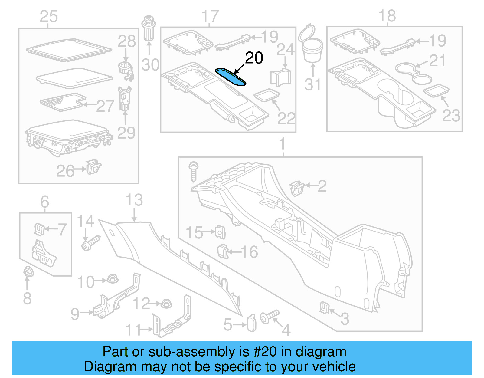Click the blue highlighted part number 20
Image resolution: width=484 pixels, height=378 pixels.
231,77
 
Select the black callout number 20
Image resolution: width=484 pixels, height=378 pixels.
254,58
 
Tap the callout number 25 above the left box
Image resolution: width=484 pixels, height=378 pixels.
49,16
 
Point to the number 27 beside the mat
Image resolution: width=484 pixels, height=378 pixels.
105,106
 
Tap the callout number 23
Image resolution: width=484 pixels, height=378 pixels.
451,116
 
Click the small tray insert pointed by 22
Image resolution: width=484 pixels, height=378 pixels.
267,95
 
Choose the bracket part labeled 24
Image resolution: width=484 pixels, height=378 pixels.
280,77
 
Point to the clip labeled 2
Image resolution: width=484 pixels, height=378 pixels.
296,188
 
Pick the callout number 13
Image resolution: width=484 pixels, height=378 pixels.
134,200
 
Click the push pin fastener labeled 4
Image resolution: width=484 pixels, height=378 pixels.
269,316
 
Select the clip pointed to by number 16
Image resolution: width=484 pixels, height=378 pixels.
223,251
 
